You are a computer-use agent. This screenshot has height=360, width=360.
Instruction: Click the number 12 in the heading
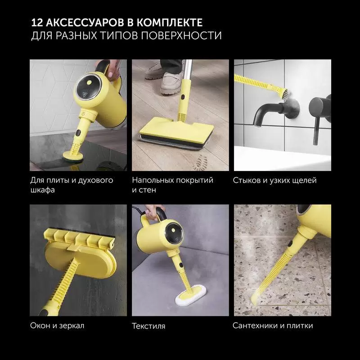(x=37, y=22)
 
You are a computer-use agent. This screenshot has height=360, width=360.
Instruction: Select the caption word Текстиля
(x=148, y=326)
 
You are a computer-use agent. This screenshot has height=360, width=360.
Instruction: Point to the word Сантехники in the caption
(x=253, y=325)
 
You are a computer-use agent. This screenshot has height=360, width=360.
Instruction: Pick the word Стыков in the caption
(x=247, y=180)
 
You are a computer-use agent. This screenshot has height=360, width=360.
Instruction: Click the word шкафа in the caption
(x=42, y=190)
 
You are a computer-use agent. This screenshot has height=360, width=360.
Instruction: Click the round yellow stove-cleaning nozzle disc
(x=73, y=157)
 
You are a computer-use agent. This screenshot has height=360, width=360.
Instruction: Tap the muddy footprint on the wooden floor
(x=199, y=162)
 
